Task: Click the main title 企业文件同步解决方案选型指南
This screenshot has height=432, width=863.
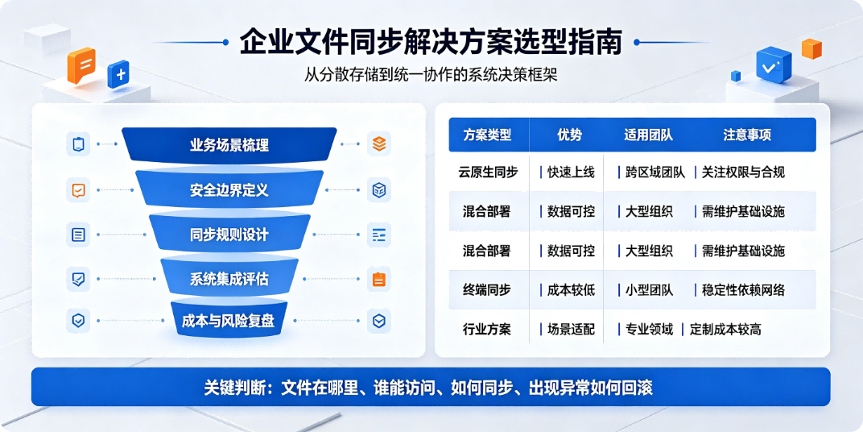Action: [431, 43]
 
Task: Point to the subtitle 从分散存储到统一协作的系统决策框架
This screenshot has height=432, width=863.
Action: [431, 74]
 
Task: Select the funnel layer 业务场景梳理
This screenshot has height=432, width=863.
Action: [229, 145]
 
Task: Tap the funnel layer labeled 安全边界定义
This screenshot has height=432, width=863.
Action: [229, 190]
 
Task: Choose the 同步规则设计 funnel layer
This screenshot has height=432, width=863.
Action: [229, 235]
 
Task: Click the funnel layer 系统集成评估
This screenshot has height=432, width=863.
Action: [229, 279]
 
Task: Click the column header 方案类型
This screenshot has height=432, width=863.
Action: [487, 135]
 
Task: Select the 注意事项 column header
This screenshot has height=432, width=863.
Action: [747, 135]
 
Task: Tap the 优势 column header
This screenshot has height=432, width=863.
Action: [569, 135]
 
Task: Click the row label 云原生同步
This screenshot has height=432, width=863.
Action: [488, 172]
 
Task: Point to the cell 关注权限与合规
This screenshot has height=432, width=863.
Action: [743, 172]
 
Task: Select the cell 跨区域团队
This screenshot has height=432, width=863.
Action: [655, 172]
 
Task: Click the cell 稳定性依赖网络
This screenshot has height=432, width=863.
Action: [743, 290]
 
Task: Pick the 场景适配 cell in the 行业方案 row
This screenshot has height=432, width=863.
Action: [571, 330]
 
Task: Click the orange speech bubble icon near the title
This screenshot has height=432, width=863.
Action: [81, 66]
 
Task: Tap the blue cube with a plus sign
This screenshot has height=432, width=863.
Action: [118, 74]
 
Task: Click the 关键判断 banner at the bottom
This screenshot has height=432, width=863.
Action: [431, 388]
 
